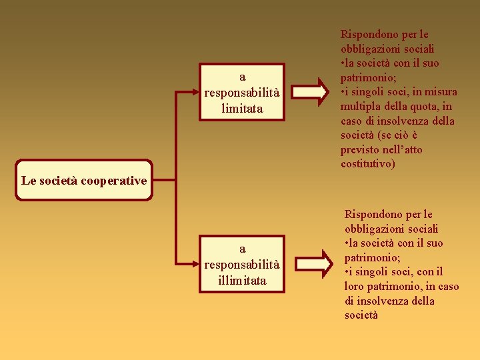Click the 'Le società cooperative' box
coord(85,180)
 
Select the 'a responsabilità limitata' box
coord(242,93)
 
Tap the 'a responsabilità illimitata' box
coord(242,265)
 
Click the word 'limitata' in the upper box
coord(242,108)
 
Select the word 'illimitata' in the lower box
coord(242,280)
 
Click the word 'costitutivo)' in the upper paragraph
coord(367,164)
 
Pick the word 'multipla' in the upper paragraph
coord(359,107)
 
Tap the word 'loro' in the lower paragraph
coord(354,286)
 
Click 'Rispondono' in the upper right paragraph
coord(368,34)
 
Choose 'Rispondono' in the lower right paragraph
coord(372,214)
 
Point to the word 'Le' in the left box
coord(28,180)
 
